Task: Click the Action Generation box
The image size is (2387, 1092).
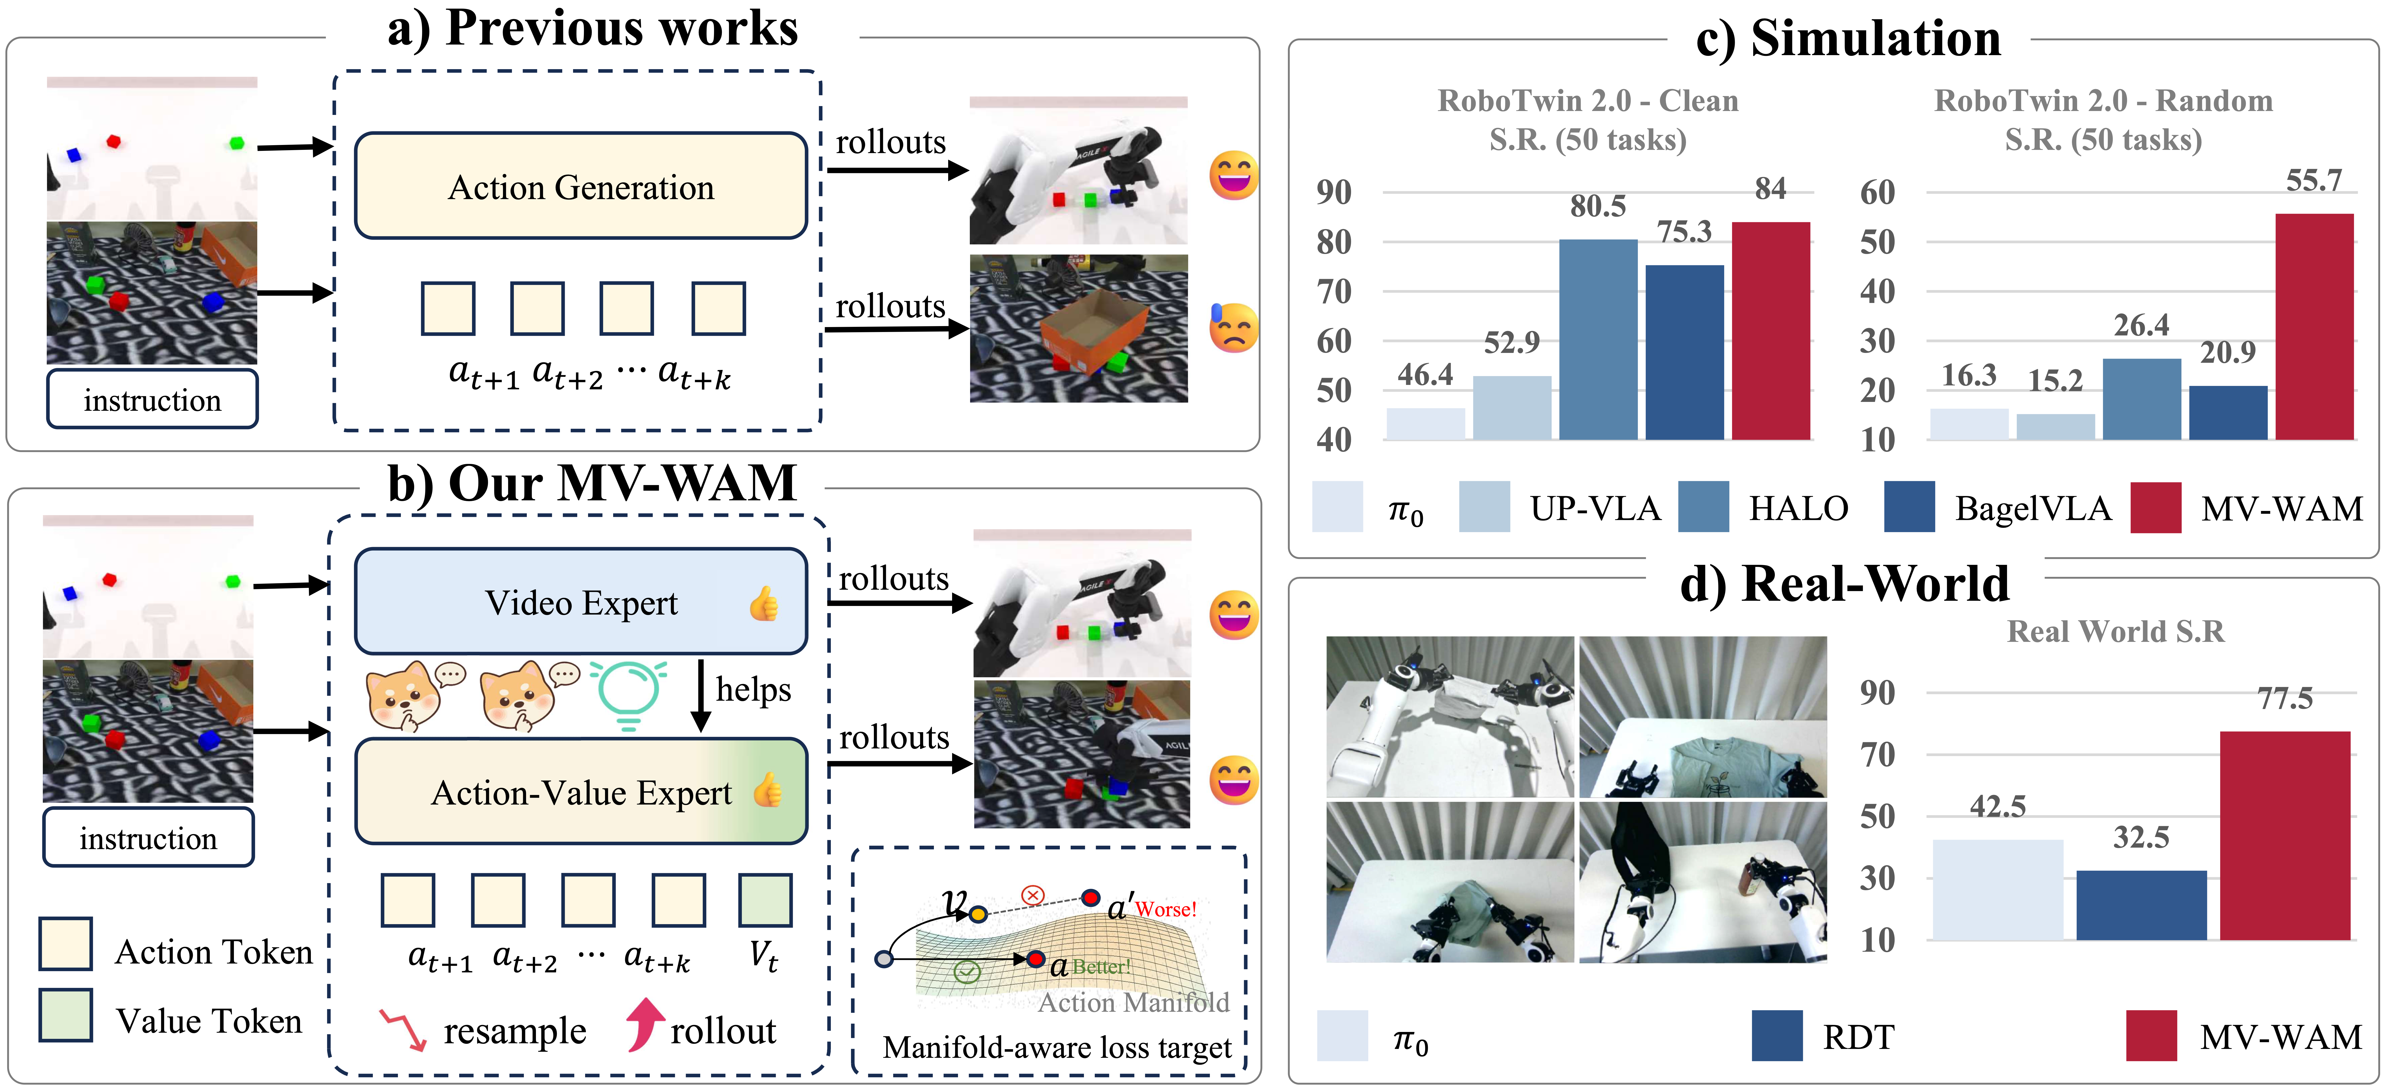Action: coord(581,186)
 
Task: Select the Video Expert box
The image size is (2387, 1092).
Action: coord(581,601)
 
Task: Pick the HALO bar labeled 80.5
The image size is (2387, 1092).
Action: coord(1597,339)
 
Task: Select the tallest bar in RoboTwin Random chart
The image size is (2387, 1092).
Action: coord(2314,326)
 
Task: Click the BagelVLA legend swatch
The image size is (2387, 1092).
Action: coord(1909,507)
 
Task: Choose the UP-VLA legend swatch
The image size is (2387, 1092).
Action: coord(1484,507)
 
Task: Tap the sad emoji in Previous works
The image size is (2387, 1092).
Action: coord(1233,328)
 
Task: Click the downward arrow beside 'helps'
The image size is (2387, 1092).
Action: coord(701,695)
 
